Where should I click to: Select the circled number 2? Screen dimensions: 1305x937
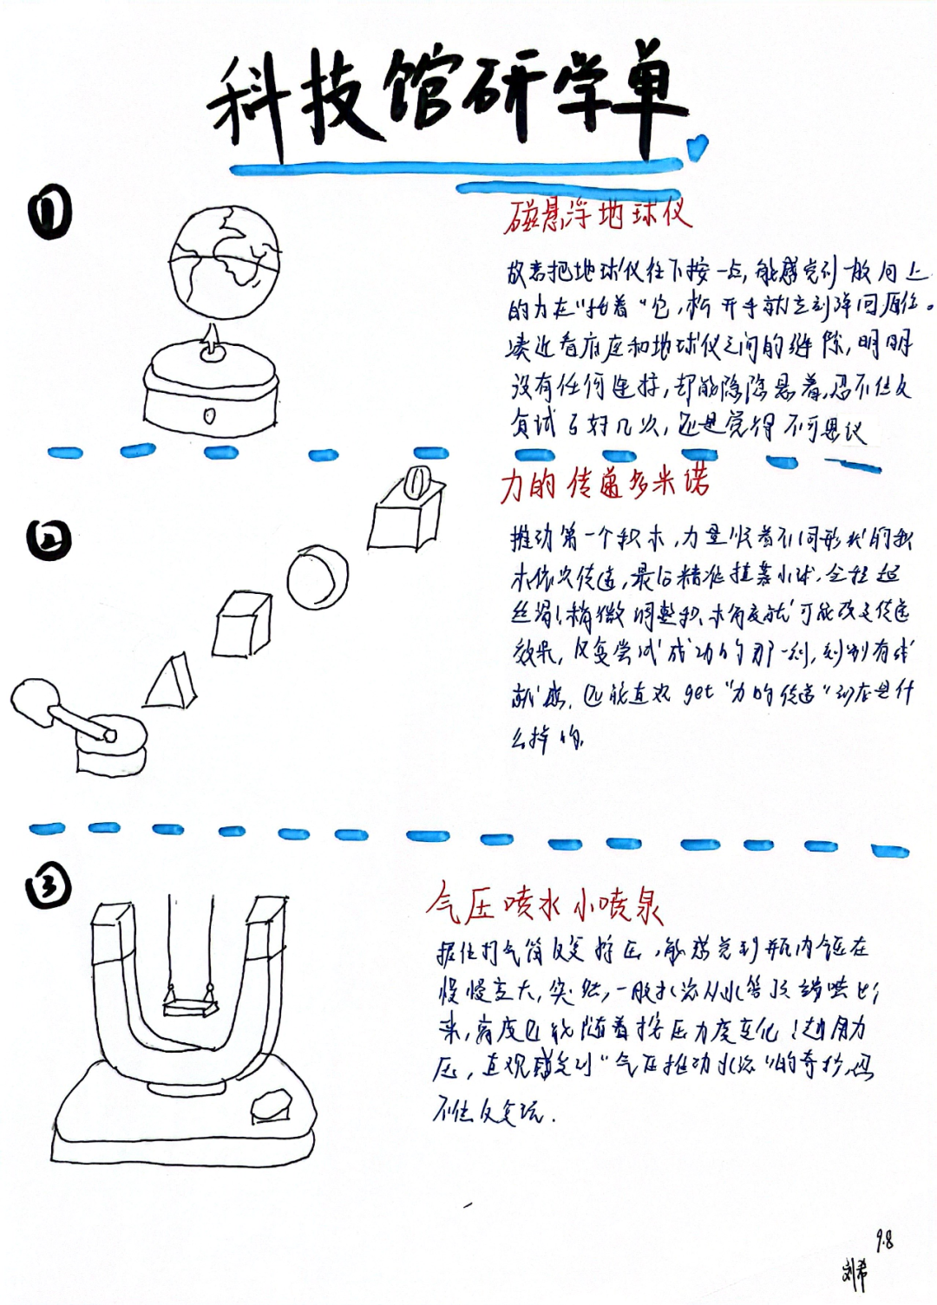[x=49, y=539]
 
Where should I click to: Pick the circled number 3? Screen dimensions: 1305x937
[x=49, y=885]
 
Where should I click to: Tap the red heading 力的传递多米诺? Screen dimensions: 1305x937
[x=604, y=483]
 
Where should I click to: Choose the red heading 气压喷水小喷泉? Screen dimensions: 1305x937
[x=545, y=905]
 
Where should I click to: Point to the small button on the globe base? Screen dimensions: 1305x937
[x=209, y=416]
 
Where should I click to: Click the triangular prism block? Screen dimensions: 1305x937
[x=171, y=682]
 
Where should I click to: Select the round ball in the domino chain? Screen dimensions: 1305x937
[x=318, y=577]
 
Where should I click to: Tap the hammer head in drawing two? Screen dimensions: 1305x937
[x=36, y=700]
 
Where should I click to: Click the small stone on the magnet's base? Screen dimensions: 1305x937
[x=272, y=1106]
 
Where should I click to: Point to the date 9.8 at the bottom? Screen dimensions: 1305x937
[x=884, y=1241]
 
